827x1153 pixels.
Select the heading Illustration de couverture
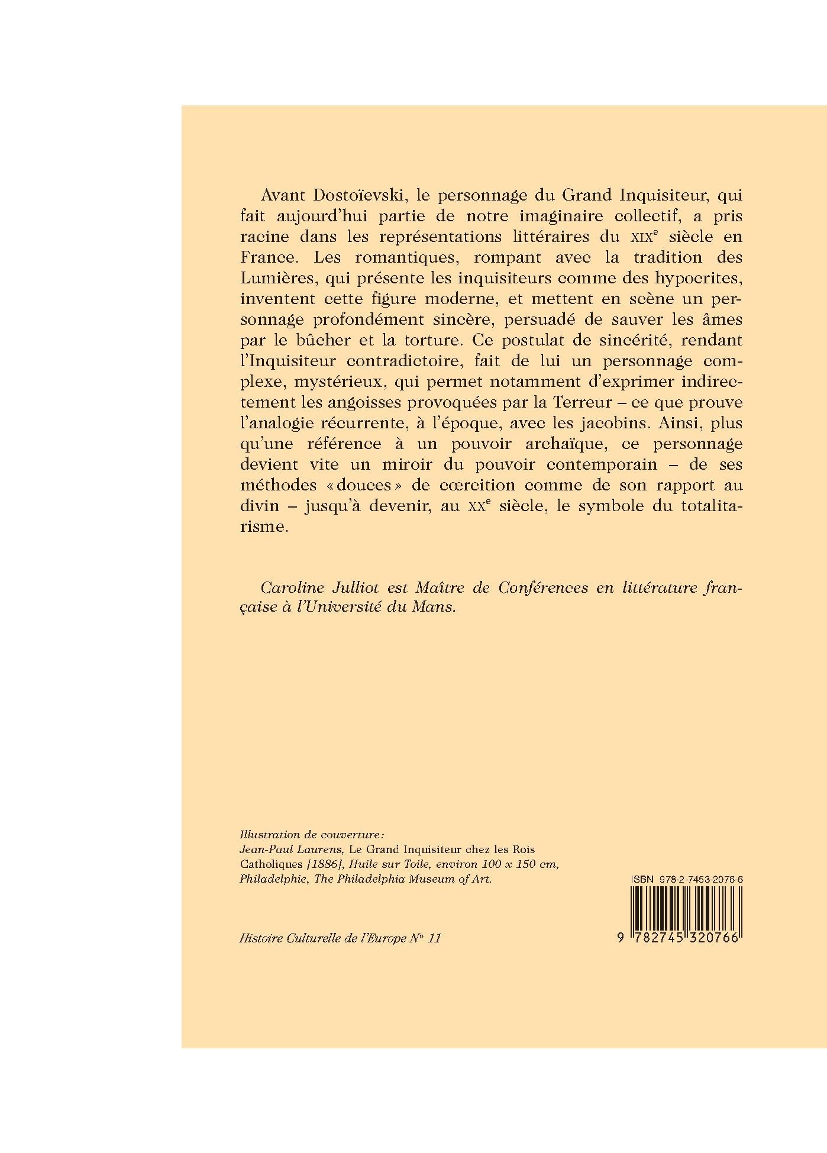click(312, 835)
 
